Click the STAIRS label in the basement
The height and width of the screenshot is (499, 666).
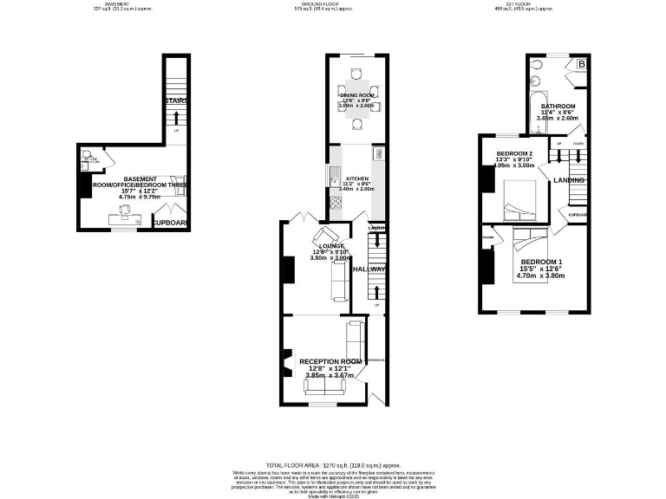click(176, 100)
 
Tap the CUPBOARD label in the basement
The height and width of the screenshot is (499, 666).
click(170, 223)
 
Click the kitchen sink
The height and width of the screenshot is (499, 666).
click(333, 178)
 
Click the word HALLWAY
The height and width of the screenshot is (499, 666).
click(369, 269)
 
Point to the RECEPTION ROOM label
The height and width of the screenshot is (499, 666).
click(330, 361)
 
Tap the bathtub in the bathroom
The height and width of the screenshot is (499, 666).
click(536, 110)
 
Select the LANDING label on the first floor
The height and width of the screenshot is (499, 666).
click(570, 179)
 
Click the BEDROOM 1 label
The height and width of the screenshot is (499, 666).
click(541, 262)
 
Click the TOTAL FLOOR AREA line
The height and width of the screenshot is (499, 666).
click(332, 465)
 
